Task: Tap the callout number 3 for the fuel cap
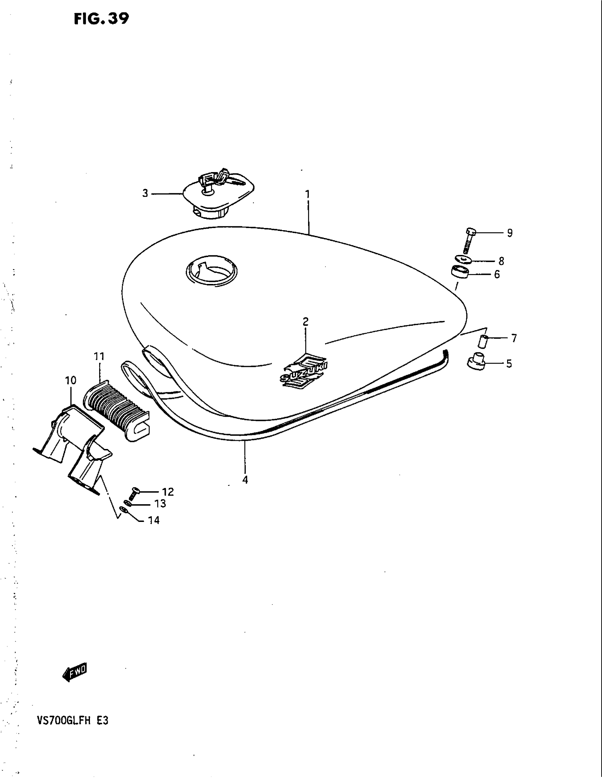tap(145, 193)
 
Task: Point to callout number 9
tap(510, 233)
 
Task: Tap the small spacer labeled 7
tap(484, 341)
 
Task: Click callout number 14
tap(154, 521)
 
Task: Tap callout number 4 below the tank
tap(245, 480)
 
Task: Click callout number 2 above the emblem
tap(306, 322)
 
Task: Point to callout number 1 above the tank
tap(307, 194)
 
